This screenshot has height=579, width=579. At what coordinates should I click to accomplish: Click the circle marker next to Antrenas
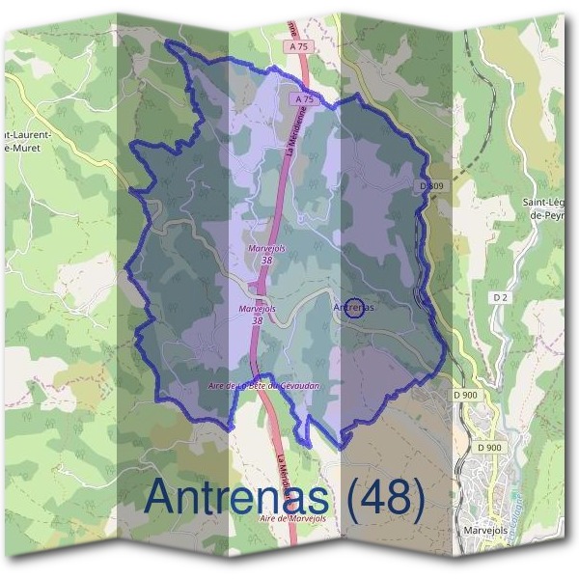coord(354,308)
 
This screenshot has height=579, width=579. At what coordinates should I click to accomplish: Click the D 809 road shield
coord(430,183)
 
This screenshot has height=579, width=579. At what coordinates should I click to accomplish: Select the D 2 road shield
coord(499,297)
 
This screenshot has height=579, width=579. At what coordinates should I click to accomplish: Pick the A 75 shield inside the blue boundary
coord(305,98)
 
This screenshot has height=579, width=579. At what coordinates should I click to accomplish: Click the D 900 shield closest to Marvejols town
coord(490,447)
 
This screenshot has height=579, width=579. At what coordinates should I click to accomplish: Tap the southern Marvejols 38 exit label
coord(257,314)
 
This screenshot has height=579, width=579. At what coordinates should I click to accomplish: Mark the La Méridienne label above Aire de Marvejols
coord(281,469)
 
